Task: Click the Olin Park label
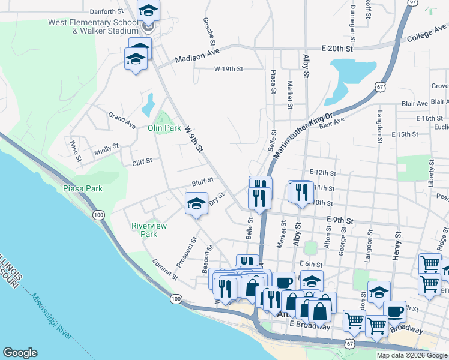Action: point(164,128)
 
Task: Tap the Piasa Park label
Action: point(83,188)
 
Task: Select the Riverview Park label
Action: point(149,230)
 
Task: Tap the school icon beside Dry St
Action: point(196,204)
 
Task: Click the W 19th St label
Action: point(229,69)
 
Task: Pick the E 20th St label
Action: point(339,47)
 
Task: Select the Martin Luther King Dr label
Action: point(303,134)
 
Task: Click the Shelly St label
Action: point(107,150)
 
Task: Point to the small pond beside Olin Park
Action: point(148,106)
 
